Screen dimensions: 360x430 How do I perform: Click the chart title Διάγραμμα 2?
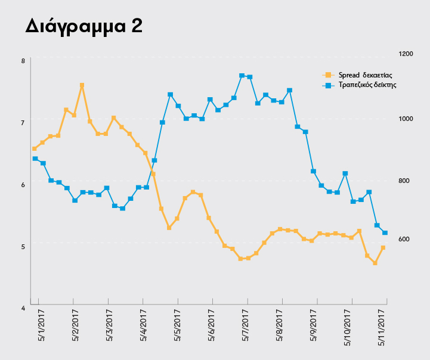84,26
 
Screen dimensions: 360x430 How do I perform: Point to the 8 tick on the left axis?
23,61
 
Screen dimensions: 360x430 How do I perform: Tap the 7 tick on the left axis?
23,122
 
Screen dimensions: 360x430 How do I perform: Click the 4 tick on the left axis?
23,308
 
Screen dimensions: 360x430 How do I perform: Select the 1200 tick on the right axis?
406,54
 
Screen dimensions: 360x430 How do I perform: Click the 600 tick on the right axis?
404,239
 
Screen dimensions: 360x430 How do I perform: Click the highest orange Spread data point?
82,86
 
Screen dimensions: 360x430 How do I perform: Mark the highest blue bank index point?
242,76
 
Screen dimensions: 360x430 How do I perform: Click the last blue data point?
385,233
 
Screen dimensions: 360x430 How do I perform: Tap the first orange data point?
35,149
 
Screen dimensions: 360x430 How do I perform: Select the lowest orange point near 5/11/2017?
375,263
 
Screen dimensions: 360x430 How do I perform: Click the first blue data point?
35,159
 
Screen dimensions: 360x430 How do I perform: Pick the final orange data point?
383,248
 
